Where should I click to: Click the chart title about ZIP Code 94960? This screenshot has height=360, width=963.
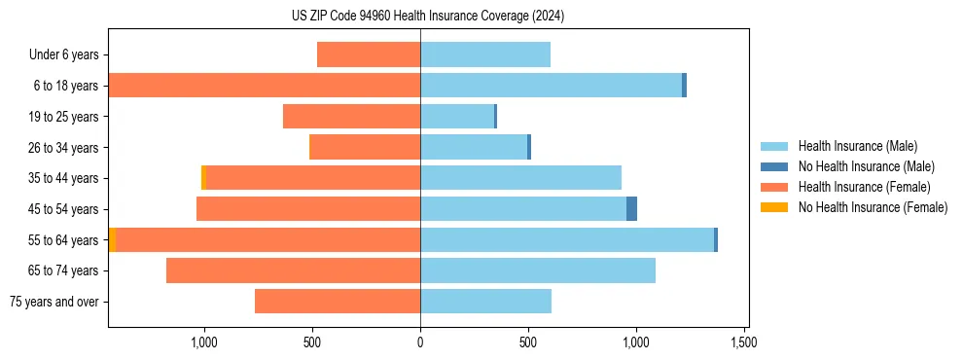[428, 17]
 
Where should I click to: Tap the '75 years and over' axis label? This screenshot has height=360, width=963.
[54, 302]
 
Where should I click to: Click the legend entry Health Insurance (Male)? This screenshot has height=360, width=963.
[857, 146]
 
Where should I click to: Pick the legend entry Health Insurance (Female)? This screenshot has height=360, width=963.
[864, 187]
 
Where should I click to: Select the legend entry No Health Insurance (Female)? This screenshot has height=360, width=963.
[873, 207]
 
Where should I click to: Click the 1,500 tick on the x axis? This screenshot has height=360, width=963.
[744, 342]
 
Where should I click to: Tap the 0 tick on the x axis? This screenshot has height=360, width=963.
[420, 342]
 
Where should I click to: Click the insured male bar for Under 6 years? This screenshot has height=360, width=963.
[485, 55]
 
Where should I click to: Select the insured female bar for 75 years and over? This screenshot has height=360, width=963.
[338, 302]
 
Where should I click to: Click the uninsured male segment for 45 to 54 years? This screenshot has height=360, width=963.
[631, 209]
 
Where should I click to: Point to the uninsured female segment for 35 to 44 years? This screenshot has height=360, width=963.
[203, 178]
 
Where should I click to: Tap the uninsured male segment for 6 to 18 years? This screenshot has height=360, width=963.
[684, 86]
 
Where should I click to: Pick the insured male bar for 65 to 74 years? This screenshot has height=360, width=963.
[538, 270]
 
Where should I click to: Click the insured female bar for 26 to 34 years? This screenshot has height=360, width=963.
[365, 147]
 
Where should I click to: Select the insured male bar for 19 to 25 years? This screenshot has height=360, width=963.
[457, 117]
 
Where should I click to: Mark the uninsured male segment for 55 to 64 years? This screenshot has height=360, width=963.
[716, 239]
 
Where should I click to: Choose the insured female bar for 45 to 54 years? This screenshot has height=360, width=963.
[308, 209]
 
